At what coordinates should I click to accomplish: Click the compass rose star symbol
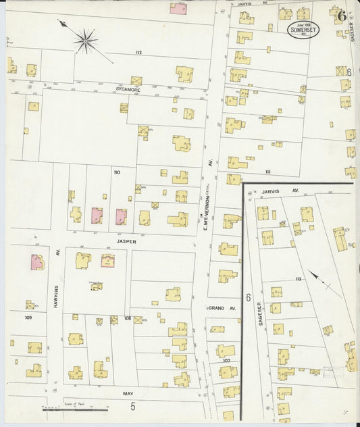click(x=86, y=40)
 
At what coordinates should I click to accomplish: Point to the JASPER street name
click(x=126, y=241)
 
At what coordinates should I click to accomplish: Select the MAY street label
click(x=128, y=393)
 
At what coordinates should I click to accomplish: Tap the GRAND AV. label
click(x=215, y=308)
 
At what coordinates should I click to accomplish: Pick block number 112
click(x=138, y=52)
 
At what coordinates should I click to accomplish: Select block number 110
click(x=117, y=172)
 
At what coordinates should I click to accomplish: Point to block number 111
click(x=268, y=172)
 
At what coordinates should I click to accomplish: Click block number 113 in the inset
click(x=297, y=278)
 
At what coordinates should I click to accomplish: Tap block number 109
click(x=28, y=317)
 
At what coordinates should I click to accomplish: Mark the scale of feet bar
click(x=66, y=409)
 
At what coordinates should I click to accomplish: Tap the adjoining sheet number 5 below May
click(x=133, y=405)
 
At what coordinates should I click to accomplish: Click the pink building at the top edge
click(x=178, y=8)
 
